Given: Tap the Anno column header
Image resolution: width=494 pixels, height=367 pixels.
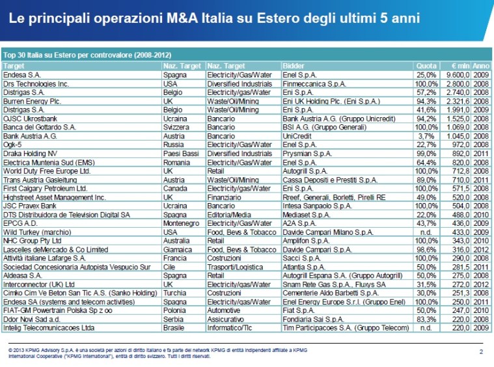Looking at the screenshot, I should click(482, 66).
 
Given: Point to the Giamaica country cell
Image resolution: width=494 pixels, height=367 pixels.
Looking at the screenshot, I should click(176, 249).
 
